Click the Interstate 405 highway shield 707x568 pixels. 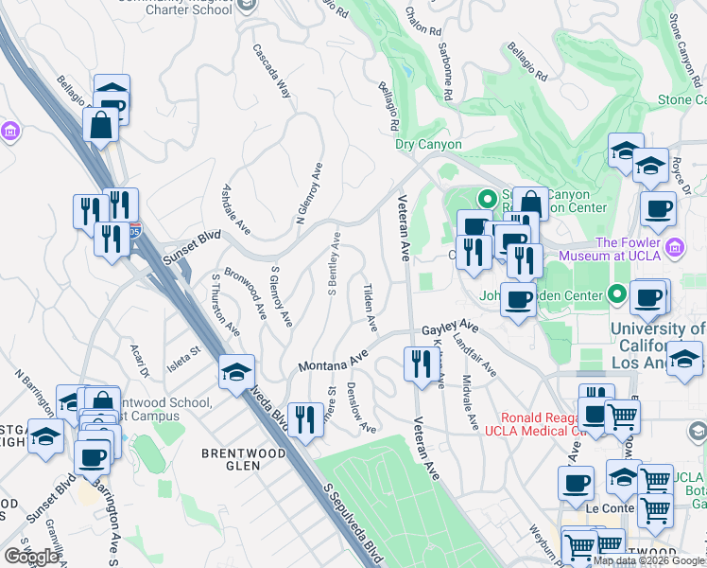point(136,230)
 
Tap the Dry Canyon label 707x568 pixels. point(428,145)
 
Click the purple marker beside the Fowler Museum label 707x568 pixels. point(674,249)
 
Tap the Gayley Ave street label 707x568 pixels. point(451,328)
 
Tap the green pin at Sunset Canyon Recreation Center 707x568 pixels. point(488,200)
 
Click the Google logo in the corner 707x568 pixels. point(31,557)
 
